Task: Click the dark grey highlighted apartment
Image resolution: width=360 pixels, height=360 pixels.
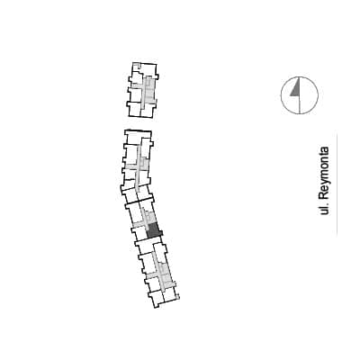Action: (x=154, y=230)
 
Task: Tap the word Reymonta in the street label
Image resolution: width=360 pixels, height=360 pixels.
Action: (x=324, y=173)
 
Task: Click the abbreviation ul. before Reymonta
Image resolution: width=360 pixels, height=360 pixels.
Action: (x=324, y=209)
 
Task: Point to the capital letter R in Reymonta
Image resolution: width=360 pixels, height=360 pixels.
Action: (x=324, y=196)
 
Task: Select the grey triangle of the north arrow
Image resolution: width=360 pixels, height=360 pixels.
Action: (x=296, y=89)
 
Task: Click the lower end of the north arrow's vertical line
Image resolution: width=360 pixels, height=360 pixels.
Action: (x=300, y=113)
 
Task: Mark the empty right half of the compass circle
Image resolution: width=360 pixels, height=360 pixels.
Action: (x=309, y=95)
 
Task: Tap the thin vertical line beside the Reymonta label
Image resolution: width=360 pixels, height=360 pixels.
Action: (x=337, y=183)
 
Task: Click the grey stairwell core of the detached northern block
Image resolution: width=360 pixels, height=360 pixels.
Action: (x=148, y=90)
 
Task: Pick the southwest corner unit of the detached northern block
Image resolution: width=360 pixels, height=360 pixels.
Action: (x=134, y=110)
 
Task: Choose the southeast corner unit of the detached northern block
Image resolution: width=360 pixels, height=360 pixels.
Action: (x=148, y=111)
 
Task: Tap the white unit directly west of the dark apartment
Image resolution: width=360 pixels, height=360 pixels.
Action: (x=139, y=232)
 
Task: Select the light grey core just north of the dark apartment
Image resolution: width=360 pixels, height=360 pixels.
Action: (x=149, y=216)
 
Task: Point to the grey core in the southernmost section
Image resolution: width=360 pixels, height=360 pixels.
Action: (x=164, y=274)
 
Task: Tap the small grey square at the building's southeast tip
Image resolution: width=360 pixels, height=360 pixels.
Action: (x=177, y=297)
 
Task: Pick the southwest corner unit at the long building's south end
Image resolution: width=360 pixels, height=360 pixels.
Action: (x=156, y=299)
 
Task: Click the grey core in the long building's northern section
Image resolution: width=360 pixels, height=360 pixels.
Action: (x=142, y=164)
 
